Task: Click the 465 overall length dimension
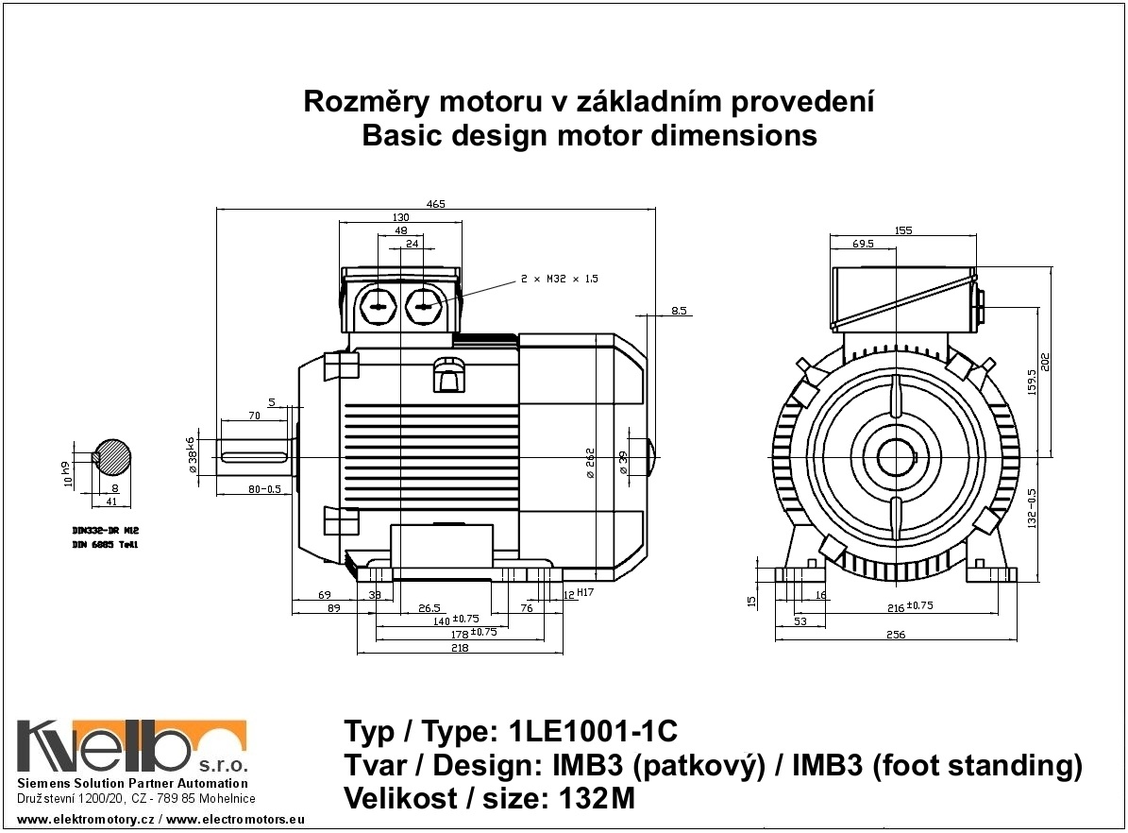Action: (435, 203)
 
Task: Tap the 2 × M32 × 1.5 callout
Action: (560, 280)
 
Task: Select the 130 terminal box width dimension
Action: (400, 217)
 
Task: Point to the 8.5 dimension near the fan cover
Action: (679, 310)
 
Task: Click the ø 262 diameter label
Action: (590, 463)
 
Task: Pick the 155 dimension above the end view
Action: (902, 229)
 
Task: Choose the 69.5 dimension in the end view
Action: (863, 244)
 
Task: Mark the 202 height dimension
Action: (1046, 362)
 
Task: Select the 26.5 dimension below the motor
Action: (430, 608)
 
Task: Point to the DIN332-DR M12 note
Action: (106, 531)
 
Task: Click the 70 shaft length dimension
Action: (254, 416)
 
